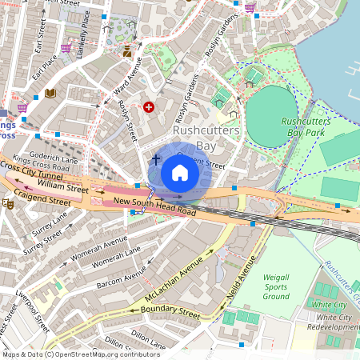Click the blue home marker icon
pos(180,173)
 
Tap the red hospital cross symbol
pos(148,106)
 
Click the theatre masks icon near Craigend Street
pos(9,204)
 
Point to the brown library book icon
pos(50,94)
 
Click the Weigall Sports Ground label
pos(276,286)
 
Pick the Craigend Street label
pos(40,198)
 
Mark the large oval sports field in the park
pos(271,116)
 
